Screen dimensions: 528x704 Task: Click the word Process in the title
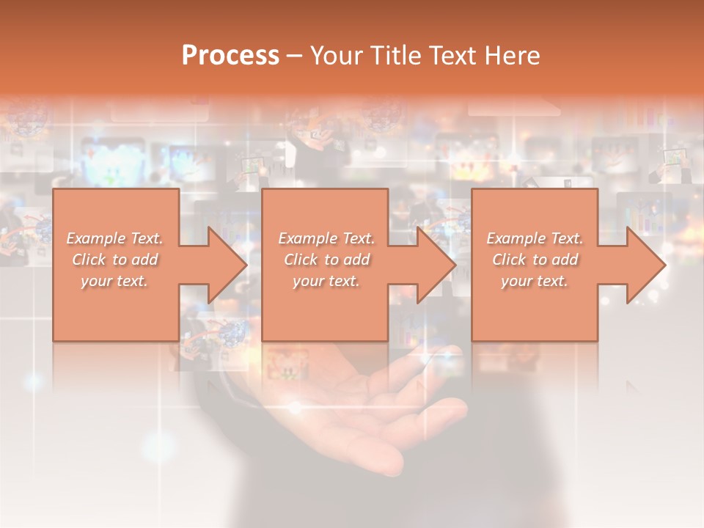click(x=230, y=56)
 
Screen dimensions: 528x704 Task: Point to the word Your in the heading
click(x=337, y=56)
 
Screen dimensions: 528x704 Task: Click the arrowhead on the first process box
click(x=227, y=265)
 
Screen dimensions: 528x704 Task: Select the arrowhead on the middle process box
click(x=436, y=265)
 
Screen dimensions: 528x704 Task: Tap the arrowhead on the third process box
click(x=645, y=265)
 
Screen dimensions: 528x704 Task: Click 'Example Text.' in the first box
click(x=115, y=238)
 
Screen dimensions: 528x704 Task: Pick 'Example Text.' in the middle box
click(x=326, y=238)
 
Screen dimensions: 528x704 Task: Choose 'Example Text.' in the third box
click(x=535, y=238)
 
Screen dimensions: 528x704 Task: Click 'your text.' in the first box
click(x=114, y=281)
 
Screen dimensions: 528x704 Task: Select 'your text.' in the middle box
click(x=326, y=281)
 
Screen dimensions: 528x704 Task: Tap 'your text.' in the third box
click(x=535, y=281)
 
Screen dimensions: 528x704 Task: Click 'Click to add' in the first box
click(x=115, y=260)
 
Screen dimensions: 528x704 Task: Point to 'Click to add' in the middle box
click(x=326, y=260)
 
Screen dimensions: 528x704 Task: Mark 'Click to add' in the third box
click(x=535, y=260)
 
